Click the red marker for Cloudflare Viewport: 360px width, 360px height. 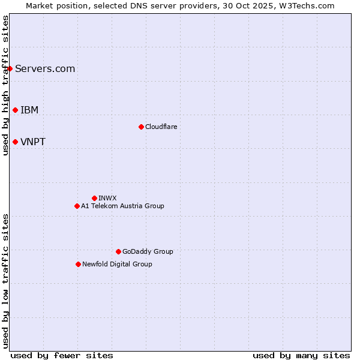141,127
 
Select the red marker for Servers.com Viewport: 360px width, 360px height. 10,68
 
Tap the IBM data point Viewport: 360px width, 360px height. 15,110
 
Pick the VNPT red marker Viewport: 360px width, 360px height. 15,142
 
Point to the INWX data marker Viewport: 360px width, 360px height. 94,198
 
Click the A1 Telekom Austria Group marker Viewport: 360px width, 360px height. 77,206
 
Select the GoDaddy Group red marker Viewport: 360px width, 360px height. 118,251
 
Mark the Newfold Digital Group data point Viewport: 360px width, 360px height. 78,264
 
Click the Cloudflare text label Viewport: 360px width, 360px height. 161,127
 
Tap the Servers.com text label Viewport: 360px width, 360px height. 45,68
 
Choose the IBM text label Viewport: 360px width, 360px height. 29,110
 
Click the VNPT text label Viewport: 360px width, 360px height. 33,142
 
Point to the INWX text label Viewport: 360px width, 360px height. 107,198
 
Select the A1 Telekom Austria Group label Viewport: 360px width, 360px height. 122,206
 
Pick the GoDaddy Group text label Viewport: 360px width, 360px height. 148,251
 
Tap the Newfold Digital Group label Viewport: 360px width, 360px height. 117,264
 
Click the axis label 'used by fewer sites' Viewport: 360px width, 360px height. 62,355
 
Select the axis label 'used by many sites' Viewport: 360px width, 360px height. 301,355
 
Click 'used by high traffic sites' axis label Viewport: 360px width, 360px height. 5,85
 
